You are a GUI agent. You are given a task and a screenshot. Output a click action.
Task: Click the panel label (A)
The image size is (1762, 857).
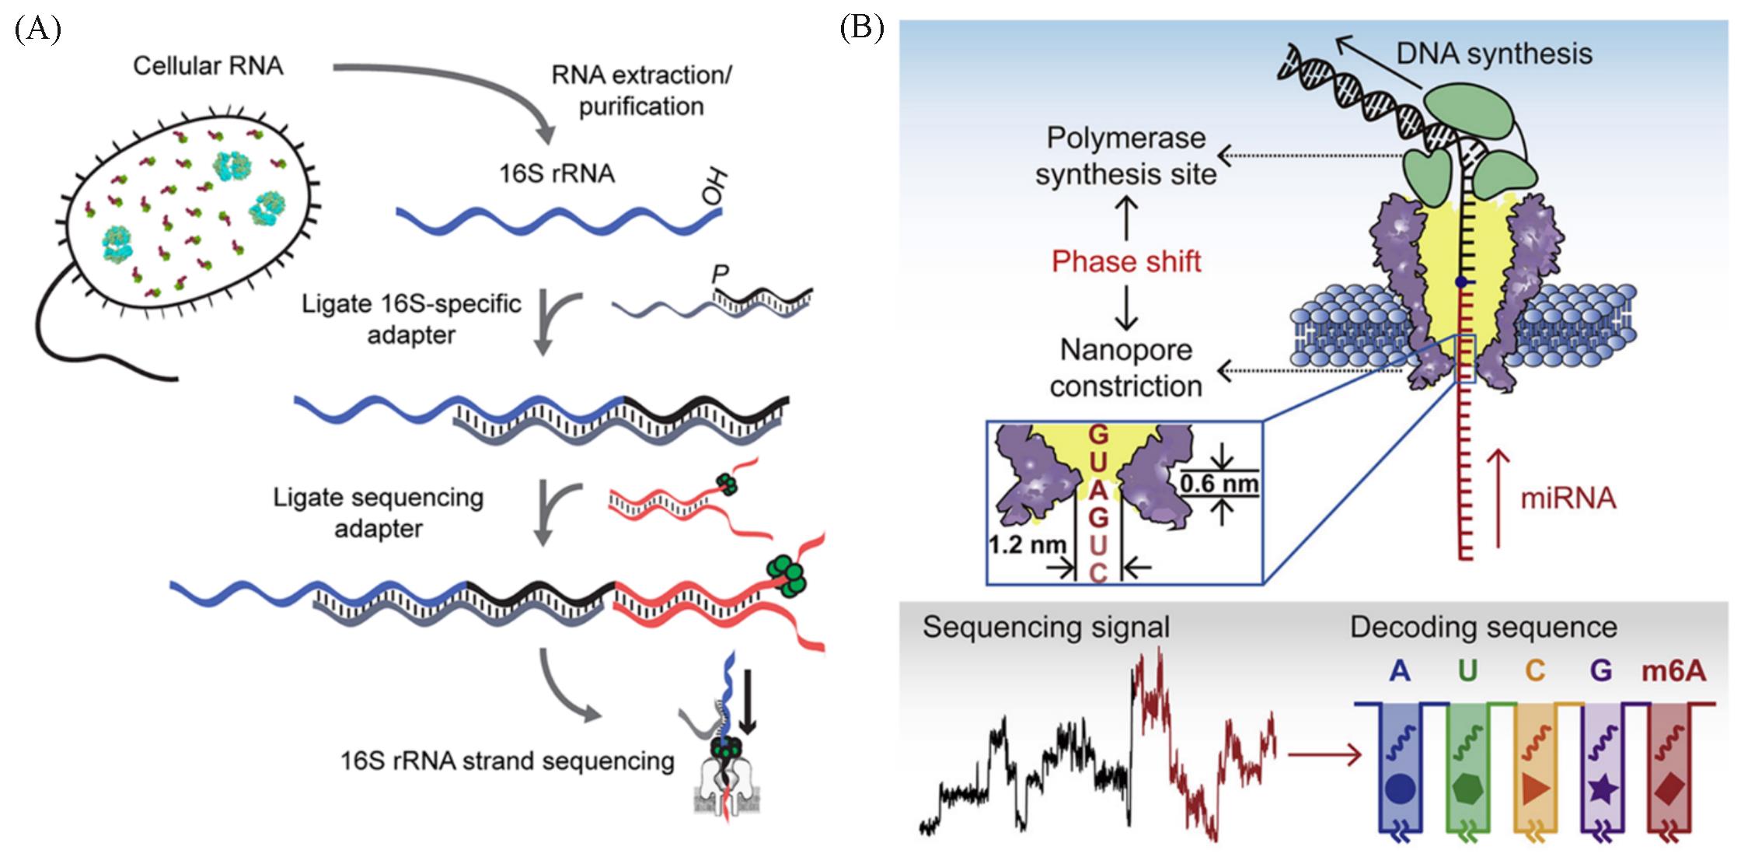point(37,29)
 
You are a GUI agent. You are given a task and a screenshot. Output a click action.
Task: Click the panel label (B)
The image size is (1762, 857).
point(862,29)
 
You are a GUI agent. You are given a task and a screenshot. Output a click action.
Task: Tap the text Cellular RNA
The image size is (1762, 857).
point(208,66)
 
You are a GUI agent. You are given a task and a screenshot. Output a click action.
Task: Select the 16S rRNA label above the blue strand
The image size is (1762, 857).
point(557,173)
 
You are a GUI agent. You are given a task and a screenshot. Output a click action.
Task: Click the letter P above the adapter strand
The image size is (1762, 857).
point(721,274)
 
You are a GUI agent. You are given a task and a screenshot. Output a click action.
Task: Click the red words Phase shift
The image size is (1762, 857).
point(1126,261)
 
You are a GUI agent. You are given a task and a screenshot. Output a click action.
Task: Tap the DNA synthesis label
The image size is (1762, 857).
point(1494,54)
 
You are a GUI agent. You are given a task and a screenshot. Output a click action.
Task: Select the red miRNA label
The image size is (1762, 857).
point(1568,498)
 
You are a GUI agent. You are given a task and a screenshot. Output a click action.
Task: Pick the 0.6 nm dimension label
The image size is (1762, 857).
point(1219,484)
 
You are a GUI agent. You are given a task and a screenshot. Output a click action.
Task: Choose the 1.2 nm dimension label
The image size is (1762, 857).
point(1027,544)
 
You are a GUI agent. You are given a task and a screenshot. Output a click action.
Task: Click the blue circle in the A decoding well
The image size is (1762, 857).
point(1399,790)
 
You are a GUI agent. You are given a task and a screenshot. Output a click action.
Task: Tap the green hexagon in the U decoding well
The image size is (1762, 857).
point(1467,790)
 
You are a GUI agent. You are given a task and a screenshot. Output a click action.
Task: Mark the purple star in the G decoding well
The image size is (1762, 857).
point(1603,790)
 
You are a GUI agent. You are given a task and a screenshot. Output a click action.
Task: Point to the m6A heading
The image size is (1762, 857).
point(1673,670)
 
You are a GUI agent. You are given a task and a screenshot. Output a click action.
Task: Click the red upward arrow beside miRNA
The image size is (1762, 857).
point(1498,498)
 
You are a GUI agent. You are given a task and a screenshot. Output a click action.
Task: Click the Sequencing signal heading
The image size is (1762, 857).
point(1045,627)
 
